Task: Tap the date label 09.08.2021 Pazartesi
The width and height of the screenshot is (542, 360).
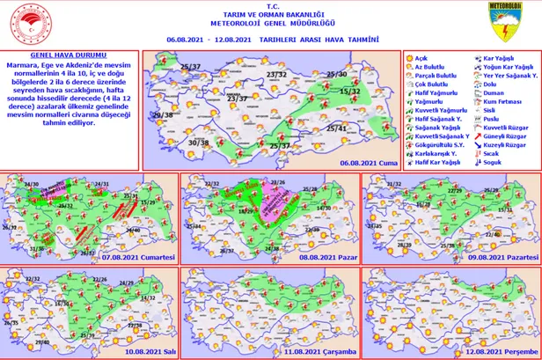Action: tap(502, 256)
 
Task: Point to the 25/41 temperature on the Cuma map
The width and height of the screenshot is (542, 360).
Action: tap(337, 129)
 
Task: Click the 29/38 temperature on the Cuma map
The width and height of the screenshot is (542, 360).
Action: tap(161, 115)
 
